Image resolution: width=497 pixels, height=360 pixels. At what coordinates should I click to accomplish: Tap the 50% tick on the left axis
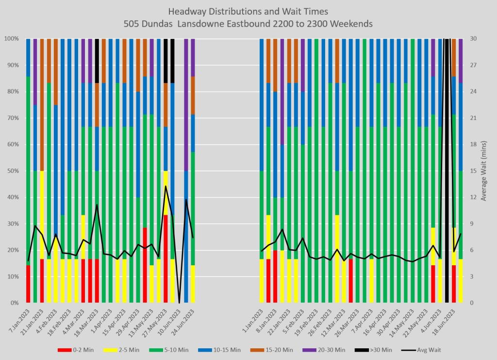tap(12, 171)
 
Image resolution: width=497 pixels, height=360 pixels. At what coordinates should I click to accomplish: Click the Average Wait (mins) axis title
tap(483, 171)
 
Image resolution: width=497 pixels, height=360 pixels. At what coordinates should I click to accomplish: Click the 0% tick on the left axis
tap(14, 303)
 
